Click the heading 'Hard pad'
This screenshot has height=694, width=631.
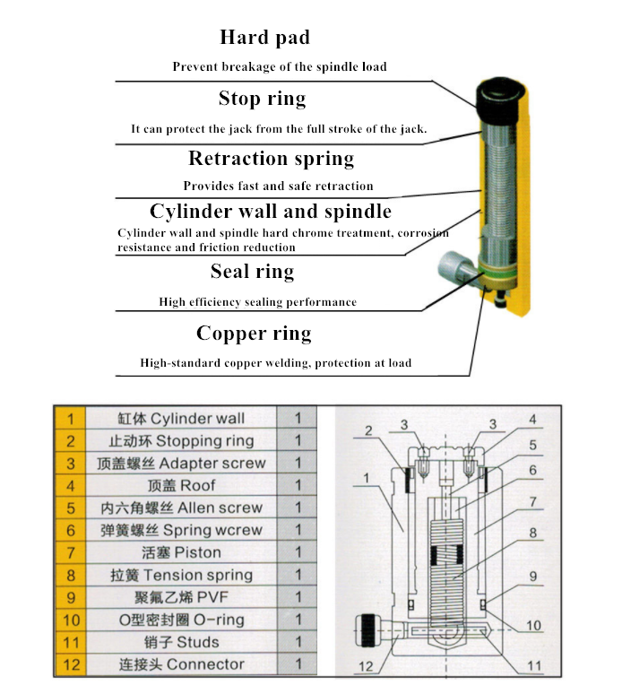coord(264,38)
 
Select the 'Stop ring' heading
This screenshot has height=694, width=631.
coord(262,98)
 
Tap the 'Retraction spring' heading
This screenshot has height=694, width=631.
coord(271,159)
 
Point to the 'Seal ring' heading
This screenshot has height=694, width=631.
coord(252,271)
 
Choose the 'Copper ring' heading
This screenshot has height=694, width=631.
coord(254,334)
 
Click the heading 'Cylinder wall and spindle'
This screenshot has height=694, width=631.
coord(270,212)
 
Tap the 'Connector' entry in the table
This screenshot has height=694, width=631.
coord(181,664)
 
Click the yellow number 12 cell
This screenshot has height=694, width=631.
coord(71,664)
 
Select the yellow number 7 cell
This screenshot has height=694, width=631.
coord(71,552)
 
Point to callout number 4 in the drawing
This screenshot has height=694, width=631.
coord(532,419)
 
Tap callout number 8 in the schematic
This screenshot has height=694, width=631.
coord(532,532)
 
